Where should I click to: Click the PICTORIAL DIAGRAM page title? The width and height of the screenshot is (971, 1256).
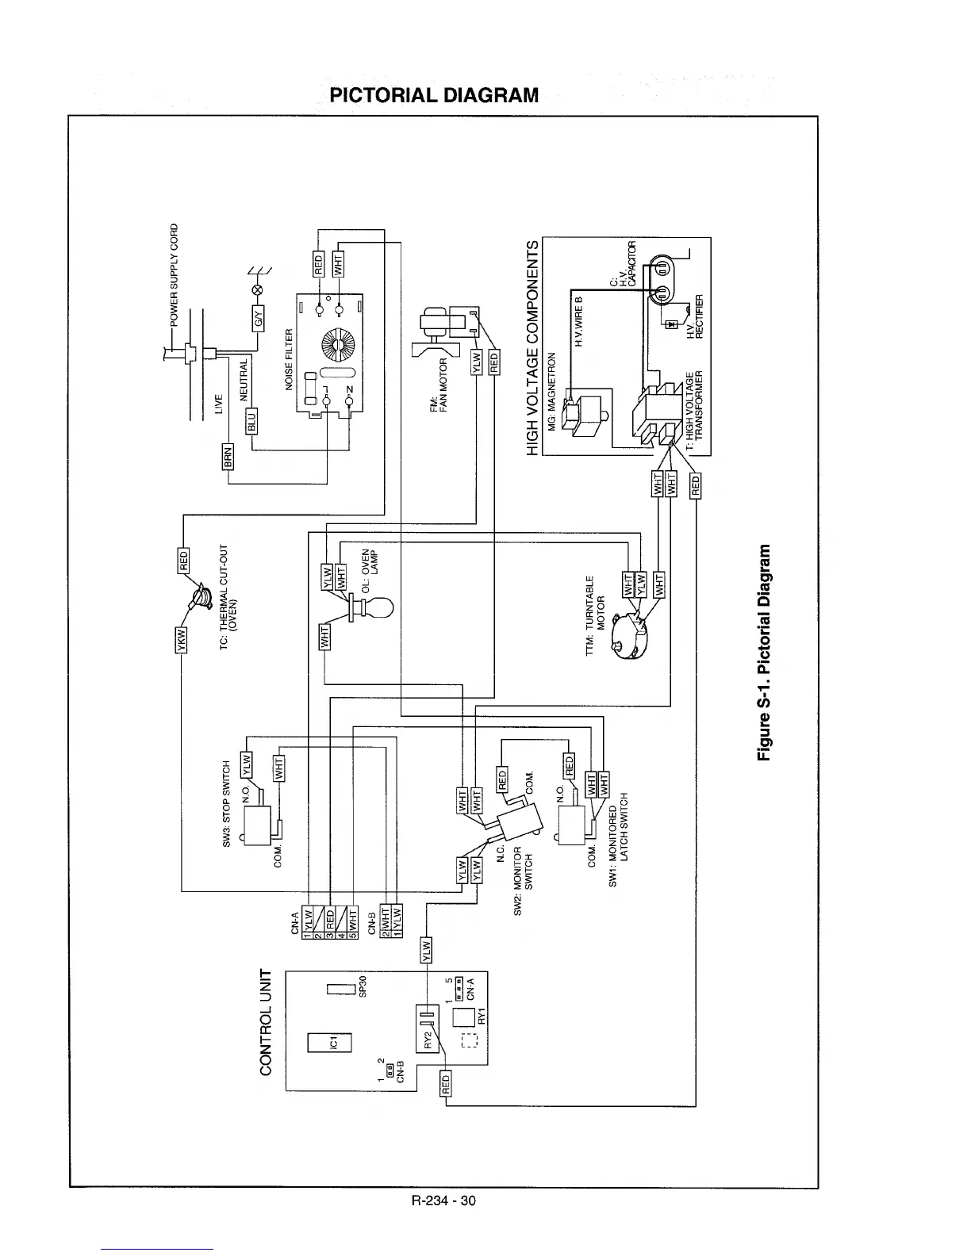[434, 96]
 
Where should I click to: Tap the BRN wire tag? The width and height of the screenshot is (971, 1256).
[228, 457]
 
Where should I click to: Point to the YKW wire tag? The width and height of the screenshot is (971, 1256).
[179, 638]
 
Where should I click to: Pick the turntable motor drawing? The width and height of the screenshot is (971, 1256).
[635, 635]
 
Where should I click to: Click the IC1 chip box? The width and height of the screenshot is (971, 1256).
[334, 1041]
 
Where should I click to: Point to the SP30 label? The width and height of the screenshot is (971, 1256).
[363, 989]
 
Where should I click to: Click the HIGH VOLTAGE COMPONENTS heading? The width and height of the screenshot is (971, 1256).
[533, 347]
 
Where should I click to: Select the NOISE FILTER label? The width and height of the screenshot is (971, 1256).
[290, 357]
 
